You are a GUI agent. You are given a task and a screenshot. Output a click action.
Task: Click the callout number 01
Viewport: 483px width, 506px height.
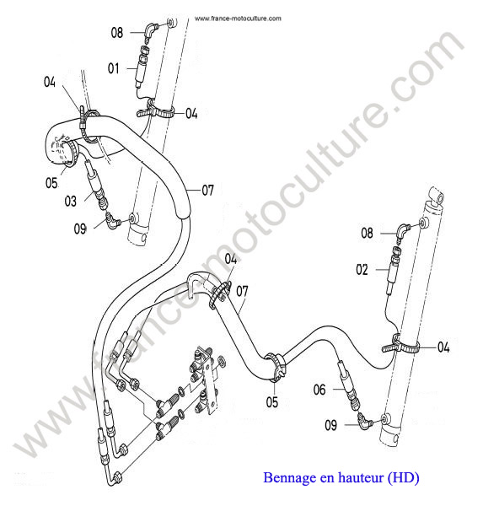pos(113,68)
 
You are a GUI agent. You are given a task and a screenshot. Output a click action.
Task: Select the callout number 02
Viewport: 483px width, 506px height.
pos(362,270)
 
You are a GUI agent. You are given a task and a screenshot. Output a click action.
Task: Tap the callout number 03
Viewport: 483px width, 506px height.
pos(70,201)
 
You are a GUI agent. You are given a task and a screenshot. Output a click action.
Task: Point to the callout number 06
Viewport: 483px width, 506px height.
pos(319,390)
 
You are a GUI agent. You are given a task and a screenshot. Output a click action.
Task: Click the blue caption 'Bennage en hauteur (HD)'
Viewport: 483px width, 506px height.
pos(341,477)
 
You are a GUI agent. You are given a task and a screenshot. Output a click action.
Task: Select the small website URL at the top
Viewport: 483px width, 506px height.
pos(238,19)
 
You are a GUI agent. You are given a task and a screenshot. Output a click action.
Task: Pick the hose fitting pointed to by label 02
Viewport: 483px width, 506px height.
pos(394,270)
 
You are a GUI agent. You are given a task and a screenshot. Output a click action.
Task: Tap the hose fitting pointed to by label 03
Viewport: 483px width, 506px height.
pos(96,185)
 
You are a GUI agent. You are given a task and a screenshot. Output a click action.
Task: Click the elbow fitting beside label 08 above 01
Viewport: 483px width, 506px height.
pos(150,30)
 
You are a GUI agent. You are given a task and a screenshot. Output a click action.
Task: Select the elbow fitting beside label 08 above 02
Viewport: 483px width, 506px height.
pos(402,231)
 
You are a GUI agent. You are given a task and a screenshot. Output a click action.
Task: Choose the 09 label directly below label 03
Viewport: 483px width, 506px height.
pos(80,229)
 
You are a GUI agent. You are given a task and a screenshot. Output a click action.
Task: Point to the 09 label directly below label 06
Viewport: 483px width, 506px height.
pos(330,425)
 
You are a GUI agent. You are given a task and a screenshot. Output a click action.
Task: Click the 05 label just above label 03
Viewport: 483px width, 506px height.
pos(51,183)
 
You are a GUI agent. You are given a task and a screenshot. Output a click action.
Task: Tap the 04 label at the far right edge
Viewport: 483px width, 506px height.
pos(443,347)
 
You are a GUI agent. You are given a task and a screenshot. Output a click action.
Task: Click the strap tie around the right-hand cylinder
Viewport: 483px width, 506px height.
pos(400,345)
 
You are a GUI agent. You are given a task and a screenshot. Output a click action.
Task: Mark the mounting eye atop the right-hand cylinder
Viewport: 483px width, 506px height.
pos(436,196)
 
